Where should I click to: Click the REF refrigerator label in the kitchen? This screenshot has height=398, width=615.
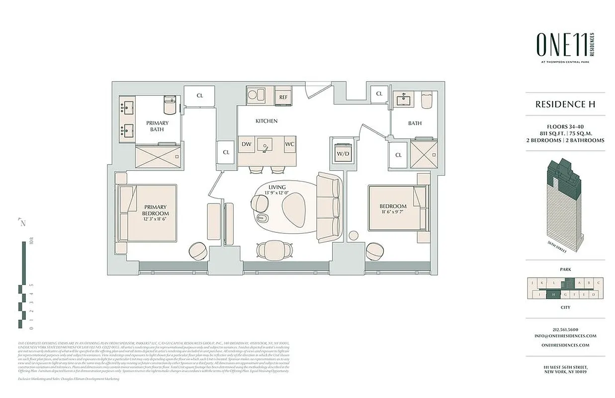click(x=283, y=97)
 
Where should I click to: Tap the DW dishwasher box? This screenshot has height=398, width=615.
click(x=246, y=144)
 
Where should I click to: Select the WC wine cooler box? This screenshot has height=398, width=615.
click(x=289, y=144)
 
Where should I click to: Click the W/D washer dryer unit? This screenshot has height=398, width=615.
click(x=343, y=154)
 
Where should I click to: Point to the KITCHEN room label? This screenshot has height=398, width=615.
click(x=266, y=121)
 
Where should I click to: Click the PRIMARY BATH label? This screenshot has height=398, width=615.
click(x=157, y=126)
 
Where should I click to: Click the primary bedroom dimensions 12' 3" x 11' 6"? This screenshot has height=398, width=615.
click(x=155, y=219)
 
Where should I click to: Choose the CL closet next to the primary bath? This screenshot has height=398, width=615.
click(x=199, y=96)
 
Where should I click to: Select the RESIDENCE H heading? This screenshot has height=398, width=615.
click(x=565, y=104)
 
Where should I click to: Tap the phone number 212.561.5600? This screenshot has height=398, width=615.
click(x=565, y=329)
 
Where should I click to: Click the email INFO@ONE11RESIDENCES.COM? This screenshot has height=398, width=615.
click(x=565, y=336)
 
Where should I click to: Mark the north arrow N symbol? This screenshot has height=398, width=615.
click(x=22, y=222)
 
